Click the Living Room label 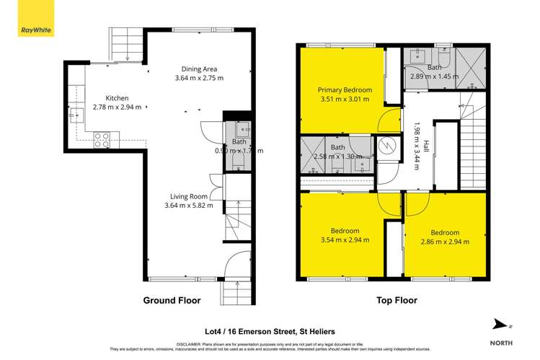(x=189, y=196)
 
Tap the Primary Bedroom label (x=345, y=90)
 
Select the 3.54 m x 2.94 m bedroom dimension (x=345, y=240)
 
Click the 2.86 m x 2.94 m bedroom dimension (x=444, y=242)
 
